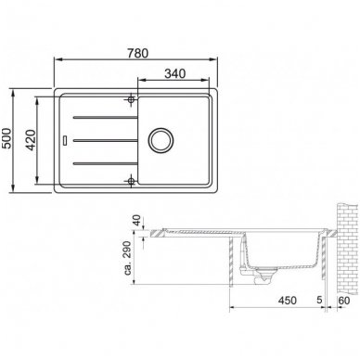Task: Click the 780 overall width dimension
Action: click(x=137, y=53)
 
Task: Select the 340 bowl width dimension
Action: click(x=175, y=73)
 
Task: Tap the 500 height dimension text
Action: click(x=6, y=138)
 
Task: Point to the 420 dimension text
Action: click(x=31, y=140)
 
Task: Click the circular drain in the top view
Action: click(x=161, y=140)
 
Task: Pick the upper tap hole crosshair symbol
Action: click(x=131, y=99)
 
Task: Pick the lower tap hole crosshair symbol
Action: click(x=131, y=181)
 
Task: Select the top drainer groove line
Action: click(x=106, y=117)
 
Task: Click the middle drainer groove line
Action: click(x=106, y=140)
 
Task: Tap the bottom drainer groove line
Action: click(x=106, y=163)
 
